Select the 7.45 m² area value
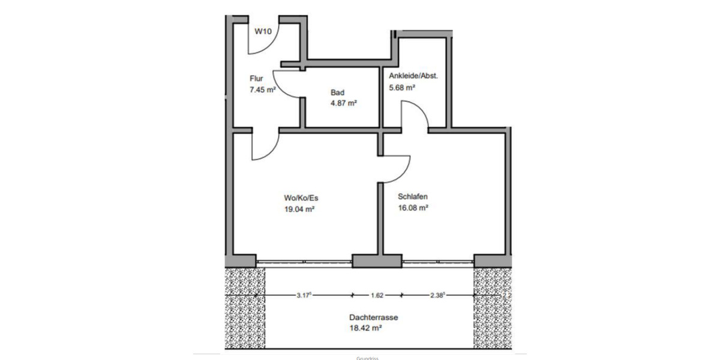(x=263, y=89)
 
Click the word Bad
(x=337, y=92)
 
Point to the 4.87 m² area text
(x=344, y=103)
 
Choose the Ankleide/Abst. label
(x=413, y=76)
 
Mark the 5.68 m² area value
(x=403, y=87)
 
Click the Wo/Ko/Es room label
(x=300, y=198)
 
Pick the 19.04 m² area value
(x=300, y=209)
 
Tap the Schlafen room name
(x=413, y=196)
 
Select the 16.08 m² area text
(x=413, y=208)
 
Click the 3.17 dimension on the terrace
(x=305, y=295)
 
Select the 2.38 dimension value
(x=437, y=295)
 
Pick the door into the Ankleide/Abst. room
(x=414, y=114)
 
